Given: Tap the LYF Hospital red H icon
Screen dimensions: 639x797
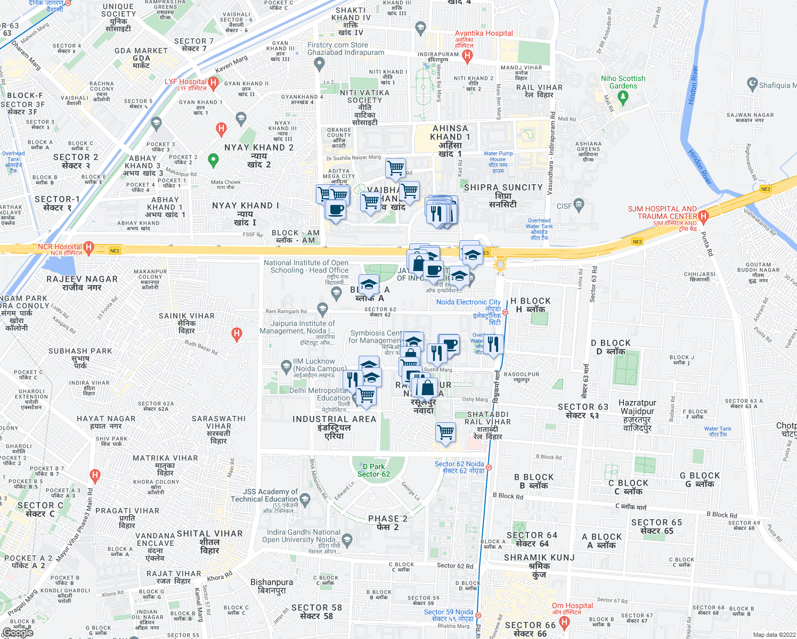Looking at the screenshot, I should click(213, 83).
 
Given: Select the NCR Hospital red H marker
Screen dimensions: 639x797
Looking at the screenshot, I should click(89, 247).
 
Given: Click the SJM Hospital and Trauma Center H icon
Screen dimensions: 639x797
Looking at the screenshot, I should click(703, 216).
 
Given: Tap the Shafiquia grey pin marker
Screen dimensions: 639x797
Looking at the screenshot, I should click(752, 83).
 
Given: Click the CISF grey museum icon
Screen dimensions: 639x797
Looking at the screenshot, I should click(579, 204).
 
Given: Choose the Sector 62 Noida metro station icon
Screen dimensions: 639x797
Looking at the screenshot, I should click(489, 467).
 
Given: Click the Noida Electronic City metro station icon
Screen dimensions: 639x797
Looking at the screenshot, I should click(505, 313).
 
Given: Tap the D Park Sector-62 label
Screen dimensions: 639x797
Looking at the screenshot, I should click(373, 470).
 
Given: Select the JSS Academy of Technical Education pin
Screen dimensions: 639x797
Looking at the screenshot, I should click(305, 498).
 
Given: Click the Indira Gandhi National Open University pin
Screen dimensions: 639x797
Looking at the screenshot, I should click(347, 539).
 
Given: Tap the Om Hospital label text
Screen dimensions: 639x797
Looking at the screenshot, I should click(572, 605).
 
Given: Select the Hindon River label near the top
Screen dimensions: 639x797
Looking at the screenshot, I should click(693, 85).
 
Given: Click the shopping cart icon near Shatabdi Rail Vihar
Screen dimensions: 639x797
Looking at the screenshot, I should click(445, 432).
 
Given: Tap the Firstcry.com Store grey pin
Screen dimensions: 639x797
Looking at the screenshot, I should click(319, 63).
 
